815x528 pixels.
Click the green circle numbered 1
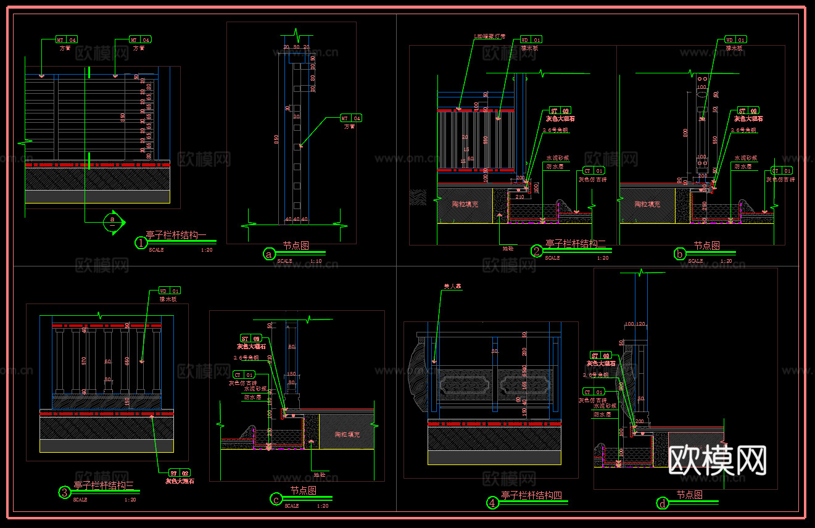coord(141,243)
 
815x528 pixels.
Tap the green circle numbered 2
coord(537,251)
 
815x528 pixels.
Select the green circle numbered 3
coord(65,492)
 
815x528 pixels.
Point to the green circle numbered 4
coord(492,503)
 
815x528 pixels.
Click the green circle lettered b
coord(680,254)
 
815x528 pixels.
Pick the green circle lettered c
coord(277,499)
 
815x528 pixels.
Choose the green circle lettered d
coord(663,503)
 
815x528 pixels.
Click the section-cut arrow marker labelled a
coord(114,221)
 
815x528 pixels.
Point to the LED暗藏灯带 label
coord(489,36)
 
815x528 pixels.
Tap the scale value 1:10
coord(315,261)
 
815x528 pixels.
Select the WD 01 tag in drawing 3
coord(170,291)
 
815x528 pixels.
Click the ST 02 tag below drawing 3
coord(180,472)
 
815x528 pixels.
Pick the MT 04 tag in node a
coord(350,118)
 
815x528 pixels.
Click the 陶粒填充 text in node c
coord(347,434)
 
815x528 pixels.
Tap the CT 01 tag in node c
coord(244,374)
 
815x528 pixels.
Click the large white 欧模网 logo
coord(718,460)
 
